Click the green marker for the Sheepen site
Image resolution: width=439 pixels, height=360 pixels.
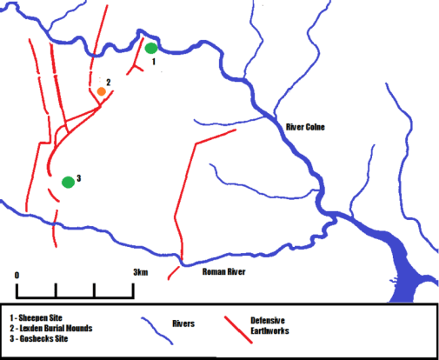[151, 48]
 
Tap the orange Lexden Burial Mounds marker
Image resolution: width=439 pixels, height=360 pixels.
[102, 91]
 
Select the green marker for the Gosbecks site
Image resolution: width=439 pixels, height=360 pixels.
[68, 182]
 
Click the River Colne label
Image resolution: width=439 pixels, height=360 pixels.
[310, 128]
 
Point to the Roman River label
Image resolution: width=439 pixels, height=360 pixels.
[223, 272]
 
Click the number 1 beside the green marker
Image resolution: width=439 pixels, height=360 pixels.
[154, 63]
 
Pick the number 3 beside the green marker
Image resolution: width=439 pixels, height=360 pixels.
[78, 178]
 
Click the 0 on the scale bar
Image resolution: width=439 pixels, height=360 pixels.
[17, 275]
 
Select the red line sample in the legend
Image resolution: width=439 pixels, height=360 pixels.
[235, 326]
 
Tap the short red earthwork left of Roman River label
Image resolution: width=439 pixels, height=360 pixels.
[174, 273]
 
